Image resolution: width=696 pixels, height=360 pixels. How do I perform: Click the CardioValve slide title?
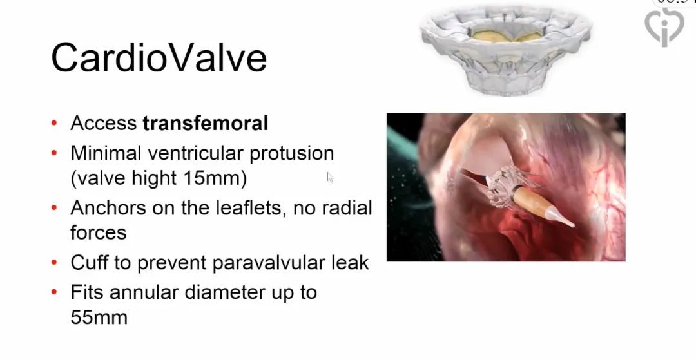[159, 57]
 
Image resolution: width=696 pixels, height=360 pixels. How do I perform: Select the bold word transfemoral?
[206, 123]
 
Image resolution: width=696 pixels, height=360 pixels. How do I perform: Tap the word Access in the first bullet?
[103, 123]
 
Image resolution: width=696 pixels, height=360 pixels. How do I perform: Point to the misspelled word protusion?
[292, 153]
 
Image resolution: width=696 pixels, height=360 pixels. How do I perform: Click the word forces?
[99, 232]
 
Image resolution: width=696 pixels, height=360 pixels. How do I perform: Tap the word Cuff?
[89, 263]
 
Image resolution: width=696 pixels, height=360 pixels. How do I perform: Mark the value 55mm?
[99, 317]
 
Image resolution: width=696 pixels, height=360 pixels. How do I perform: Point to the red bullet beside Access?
[54, 123]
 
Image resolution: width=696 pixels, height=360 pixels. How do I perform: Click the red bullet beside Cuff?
[54, 263]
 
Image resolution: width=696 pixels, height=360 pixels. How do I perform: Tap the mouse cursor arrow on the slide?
[330, 177]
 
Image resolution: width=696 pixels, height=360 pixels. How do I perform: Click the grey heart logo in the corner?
[664, 26]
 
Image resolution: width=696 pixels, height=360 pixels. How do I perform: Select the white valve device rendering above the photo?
[506, 50]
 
